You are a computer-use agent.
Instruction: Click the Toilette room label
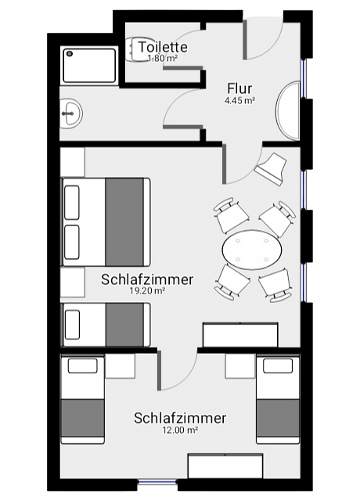(163, 47)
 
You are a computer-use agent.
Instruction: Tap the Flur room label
(239, 88)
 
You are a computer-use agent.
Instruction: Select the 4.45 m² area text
(239, 101)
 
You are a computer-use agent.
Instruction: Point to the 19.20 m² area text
(147, 290)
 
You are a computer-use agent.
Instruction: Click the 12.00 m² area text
(180, 430)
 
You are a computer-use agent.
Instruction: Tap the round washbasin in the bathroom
(71, 114)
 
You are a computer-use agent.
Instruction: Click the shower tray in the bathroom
(90, 66)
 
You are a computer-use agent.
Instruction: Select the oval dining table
(252, 250)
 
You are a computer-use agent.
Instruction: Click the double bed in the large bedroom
(106, 222)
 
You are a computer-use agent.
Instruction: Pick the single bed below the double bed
(106, 325)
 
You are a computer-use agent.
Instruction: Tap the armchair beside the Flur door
(271, 169)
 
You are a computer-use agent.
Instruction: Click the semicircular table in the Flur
(288, 110)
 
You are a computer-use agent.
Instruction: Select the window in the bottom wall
(157, 482)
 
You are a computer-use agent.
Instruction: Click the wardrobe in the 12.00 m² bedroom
(225, 467)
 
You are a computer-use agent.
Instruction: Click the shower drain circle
(70, 54)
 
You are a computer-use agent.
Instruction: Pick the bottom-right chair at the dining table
(275, 285)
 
